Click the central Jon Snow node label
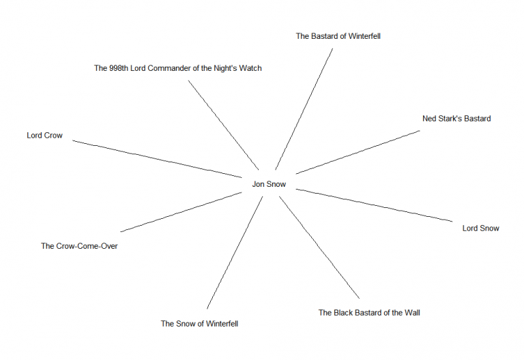tap(269, 184)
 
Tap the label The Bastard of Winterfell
tap(338, 36)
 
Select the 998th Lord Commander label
tap(177, 68)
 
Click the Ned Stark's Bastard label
tap(456, 119)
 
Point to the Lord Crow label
tap(44, 136)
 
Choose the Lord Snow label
tap(480, 228)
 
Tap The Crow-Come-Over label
tap(79, 246)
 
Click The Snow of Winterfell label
tap(199, 324)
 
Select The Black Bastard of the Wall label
tap(369, 313)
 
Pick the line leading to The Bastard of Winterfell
tap(304, 108)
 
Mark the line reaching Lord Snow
tap(374, 205)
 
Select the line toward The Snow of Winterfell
tap(235, 252)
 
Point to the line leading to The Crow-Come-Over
tap(181, 212)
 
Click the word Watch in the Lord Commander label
tap(250, 68)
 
